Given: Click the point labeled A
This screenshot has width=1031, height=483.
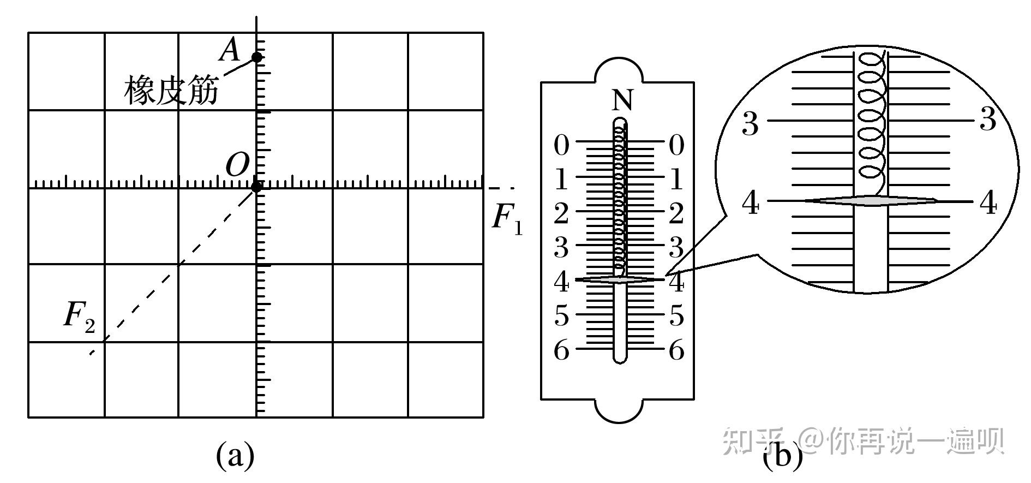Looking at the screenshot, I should [x=256, y=57].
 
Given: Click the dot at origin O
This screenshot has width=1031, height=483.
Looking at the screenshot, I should [x=256, y=187].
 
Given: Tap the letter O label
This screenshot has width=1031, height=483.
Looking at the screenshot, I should [x=237, y=164].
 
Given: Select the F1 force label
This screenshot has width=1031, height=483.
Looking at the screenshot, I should [x=507, y=218].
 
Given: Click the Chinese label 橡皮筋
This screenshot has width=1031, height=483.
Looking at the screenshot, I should [x=171, y=90].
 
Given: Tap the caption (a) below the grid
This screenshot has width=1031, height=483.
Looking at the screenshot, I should [x=236, y=455].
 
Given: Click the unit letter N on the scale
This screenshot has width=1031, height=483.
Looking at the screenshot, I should [x=622, y=101].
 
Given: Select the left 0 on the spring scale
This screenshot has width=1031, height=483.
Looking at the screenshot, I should [x=561, y=146].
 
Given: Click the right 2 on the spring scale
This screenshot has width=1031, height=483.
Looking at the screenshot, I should [x=676, y=213].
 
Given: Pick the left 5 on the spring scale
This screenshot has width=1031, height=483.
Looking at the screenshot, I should [x=561, y=316].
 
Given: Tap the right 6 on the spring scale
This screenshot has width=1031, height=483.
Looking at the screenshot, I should [x=676, y=350].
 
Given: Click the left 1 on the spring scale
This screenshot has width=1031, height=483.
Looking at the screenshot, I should [x=561, y=180].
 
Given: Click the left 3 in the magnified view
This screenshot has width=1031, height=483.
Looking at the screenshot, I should [x=751, y=124].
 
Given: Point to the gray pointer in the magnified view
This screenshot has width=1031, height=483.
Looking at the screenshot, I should [x=872, y=201].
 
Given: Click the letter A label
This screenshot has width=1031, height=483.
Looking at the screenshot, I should [x=230, y=51].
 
